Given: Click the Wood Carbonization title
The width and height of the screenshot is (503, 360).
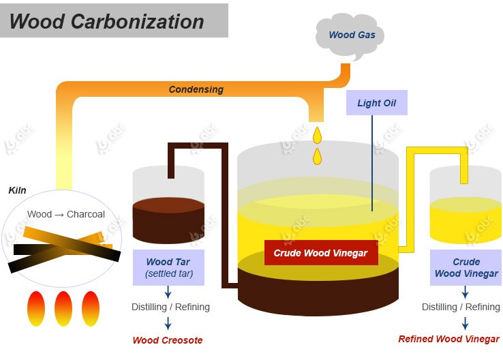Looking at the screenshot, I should [x=107, y=21].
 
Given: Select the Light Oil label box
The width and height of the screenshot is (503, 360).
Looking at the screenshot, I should [x=376, y=104].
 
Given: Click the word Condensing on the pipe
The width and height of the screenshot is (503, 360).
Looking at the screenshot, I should [x=196, y=89].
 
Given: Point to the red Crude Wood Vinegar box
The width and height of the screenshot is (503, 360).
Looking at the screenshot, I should [x=320, y=253].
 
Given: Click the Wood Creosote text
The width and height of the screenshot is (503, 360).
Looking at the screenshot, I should [x=168, y=340].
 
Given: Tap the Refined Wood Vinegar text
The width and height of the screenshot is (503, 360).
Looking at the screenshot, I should [x=449, y=339].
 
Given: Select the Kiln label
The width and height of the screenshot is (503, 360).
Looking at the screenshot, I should [x=18, y=190].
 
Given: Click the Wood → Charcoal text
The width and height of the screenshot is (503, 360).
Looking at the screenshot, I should [x=66, y=214].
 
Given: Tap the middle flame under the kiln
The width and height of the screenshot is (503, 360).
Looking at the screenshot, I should [x=63, y=308].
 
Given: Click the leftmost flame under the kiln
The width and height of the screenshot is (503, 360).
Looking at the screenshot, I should [x=36, y=308].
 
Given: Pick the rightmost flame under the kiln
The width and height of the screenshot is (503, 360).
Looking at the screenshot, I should [x=91, y=308].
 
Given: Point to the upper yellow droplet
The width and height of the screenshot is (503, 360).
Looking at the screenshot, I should [x=317, y=135].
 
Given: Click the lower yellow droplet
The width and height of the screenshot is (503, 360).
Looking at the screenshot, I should [x=317, y=157].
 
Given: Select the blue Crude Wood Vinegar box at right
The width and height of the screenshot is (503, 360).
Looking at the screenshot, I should [x=466, y=268].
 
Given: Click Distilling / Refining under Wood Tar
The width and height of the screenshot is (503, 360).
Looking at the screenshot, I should [x=170, y=307].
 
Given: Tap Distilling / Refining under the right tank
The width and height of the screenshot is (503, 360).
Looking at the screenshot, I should [x=461, y=307].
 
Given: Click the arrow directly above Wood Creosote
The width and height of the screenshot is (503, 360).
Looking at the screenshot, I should [x=168, y=323].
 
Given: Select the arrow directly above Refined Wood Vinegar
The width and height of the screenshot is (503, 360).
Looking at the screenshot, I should [x=466, y=323].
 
